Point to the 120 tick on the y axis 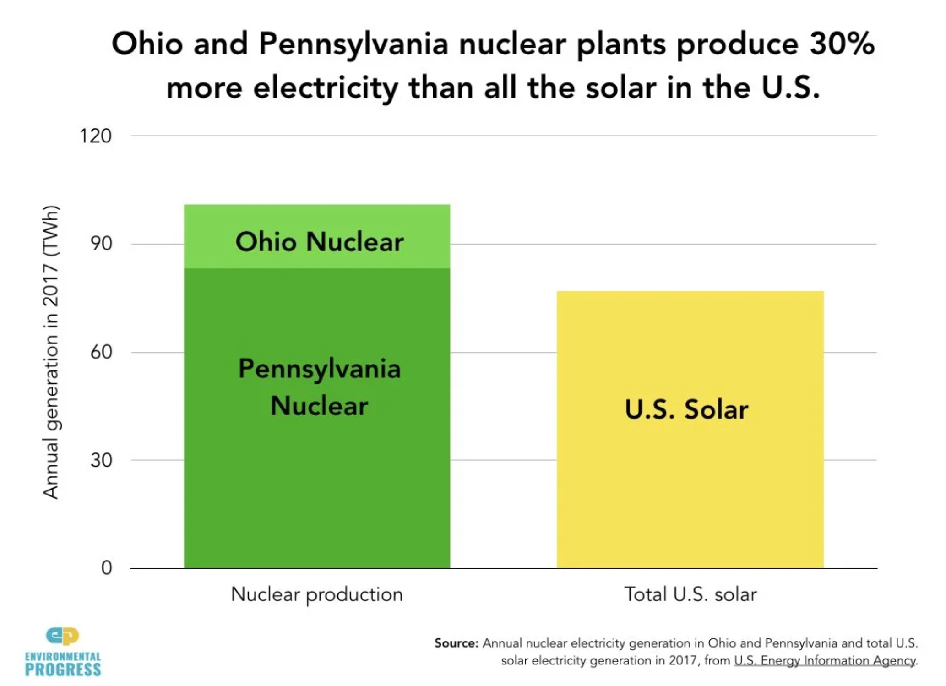click(95, 136)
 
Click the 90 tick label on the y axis click(101, 244)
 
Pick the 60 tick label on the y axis click(101, 352)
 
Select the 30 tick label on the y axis click(101, 460)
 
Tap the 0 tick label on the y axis click(106, 568)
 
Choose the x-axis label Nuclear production click(317, 594)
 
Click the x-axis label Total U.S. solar click(690, 594)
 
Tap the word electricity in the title click(325, 88)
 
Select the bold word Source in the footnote click(456, 643)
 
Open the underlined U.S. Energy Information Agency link click(825, 660)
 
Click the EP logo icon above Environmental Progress click(62, 636)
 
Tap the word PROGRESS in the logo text click(63, 670)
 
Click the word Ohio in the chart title click(147, 44)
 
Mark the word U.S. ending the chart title click(790, 88)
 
